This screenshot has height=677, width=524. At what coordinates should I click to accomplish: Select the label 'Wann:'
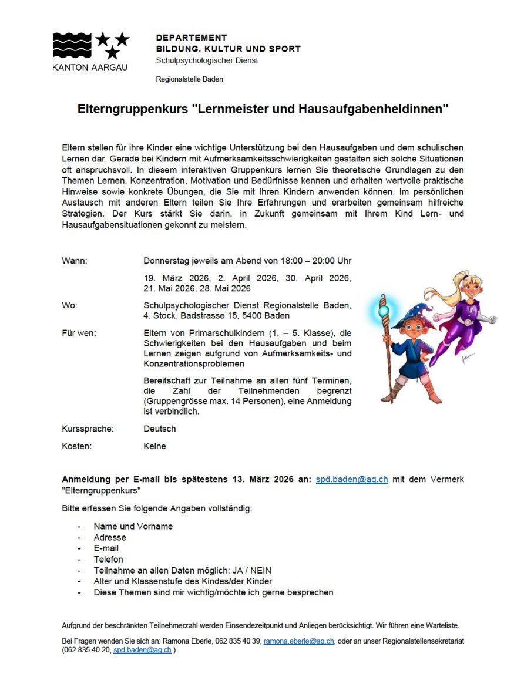point(75,261)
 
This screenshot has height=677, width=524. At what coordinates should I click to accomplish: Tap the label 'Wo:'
point(69,305)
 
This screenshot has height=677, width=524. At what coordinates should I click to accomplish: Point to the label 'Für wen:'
point(79,333)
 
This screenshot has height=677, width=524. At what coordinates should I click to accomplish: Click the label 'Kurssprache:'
point(88,429)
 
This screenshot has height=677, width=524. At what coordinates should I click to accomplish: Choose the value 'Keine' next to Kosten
point(154,446)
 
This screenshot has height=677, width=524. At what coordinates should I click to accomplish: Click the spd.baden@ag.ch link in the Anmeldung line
point(352,479)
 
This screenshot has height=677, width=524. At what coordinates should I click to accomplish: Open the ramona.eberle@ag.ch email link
point(298,641)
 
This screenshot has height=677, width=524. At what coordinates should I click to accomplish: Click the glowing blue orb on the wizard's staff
point(384,308)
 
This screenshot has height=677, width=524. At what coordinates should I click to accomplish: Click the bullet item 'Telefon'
point(109,560)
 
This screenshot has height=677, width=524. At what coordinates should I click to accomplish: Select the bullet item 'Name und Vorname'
point(133,526)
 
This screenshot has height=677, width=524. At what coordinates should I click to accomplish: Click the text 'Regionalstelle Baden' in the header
point(189,79)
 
